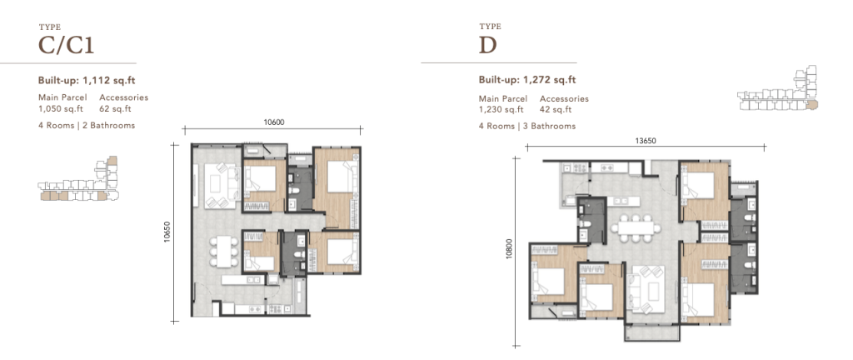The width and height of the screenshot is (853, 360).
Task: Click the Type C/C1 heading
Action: [67, 46]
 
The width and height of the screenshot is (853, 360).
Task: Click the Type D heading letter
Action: [488, 46]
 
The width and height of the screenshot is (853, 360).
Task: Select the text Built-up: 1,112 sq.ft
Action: [87, 81]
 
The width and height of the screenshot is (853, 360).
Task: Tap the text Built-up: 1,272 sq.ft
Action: [527, 81]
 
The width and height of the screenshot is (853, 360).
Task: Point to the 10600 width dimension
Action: [273, 122]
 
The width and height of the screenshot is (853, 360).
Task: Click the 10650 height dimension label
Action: [167, 232]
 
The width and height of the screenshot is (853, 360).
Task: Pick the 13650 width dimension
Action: [646, 140]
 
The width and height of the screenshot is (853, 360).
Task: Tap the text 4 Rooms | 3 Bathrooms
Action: [527, 126]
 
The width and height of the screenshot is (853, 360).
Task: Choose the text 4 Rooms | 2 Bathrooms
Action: [87, 126]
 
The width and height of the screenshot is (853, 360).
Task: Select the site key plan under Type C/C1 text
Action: [78, 180]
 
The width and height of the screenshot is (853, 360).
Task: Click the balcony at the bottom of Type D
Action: [651, 332]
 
